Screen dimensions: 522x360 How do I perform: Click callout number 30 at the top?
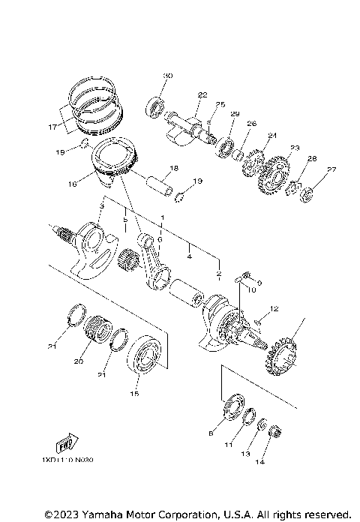tap(168, 76)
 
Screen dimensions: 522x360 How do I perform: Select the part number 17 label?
tap(52, 127)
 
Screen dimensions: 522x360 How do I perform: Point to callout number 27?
tap(331, 169)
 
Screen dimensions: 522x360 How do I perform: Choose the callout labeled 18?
tap(173, 168)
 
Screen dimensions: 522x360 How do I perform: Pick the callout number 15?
tap(135, 392)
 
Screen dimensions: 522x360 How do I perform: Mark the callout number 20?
tap(78, 361)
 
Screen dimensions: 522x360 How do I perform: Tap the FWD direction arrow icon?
tap(68, 439)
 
